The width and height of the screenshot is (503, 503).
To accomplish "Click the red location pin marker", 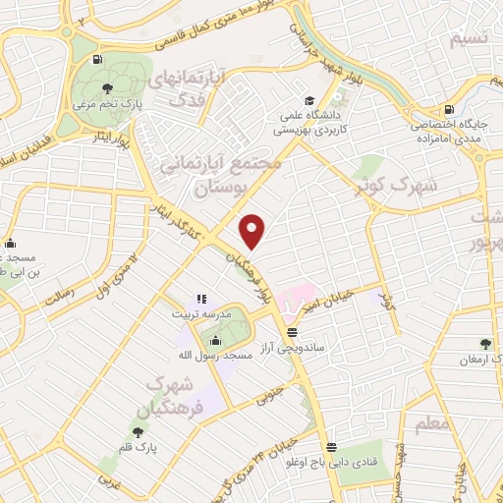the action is point(253,232).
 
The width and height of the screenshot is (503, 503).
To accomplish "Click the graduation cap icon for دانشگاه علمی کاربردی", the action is point(309,101).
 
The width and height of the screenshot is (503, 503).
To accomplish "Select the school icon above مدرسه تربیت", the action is point(199,299).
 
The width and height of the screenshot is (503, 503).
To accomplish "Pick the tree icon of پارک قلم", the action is point(137,431).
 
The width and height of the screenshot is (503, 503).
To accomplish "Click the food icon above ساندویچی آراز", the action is point(291,330).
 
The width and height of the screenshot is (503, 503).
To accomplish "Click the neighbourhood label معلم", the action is point(433,424).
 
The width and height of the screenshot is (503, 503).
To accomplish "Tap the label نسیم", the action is point(466,39).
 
